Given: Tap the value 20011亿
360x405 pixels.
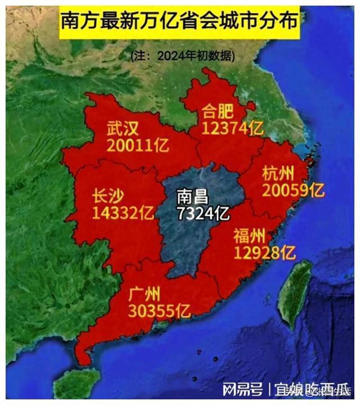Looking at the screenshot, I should pos(137,146).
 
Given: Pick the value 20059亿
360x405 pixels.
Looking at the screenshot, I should pos(293,191).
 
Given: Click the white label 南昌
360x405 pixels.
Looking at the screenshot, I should pos(192,197).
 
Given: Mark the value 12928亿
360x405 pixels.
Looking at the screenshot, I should pos(264,253).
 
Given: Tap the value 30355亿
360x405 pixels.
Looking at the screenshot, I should pos(160,310).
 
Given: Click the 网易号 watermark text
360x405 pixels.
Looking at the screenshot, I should pos(242,389).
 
